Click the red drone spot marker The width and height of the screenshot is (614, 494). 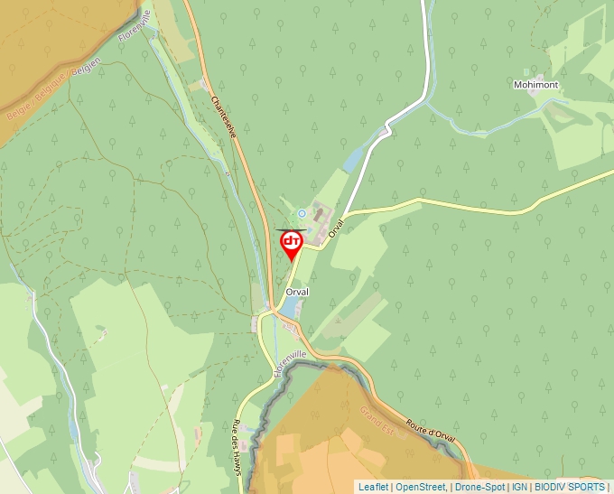[292, 243]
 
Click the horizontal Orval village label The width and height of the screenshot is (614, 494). [297, 293]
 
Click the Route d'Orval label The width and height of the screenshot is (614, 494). [430, 432]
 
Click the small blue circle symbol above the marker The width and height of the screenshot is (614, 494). [302, 213]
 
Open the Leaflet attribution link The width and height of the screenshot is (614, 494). [372, 487]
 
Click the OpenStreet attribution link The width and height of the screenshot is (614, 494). [421, 487]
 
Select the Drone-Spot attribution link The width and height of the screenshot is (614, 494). [479, 487]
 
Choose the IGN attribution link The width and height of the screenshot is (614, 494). [519, 487]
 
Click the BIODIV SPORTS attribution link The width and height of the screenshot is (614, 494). [570, 487]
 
